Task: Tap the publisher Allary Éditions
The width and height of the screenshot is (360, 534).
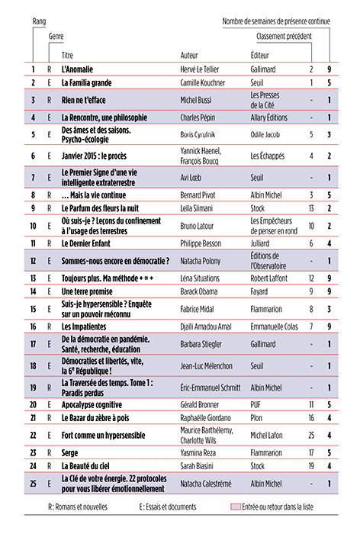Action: pos(272,117)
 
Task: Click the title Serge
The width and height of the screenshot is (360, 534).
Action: pos(71,452)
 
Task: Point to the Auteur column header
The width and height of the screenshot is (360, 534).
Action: pos(189,56)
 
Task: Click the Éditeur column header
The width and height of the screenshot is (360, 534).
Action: pos(261,56)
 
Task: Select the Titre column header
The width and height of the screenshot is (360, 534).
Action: pos(68,56)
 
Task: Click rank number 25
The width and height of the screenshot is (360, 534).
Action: pos(34,483)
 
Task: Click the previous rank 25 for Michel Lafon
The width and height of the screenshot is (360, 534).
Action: pos(310,436)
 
